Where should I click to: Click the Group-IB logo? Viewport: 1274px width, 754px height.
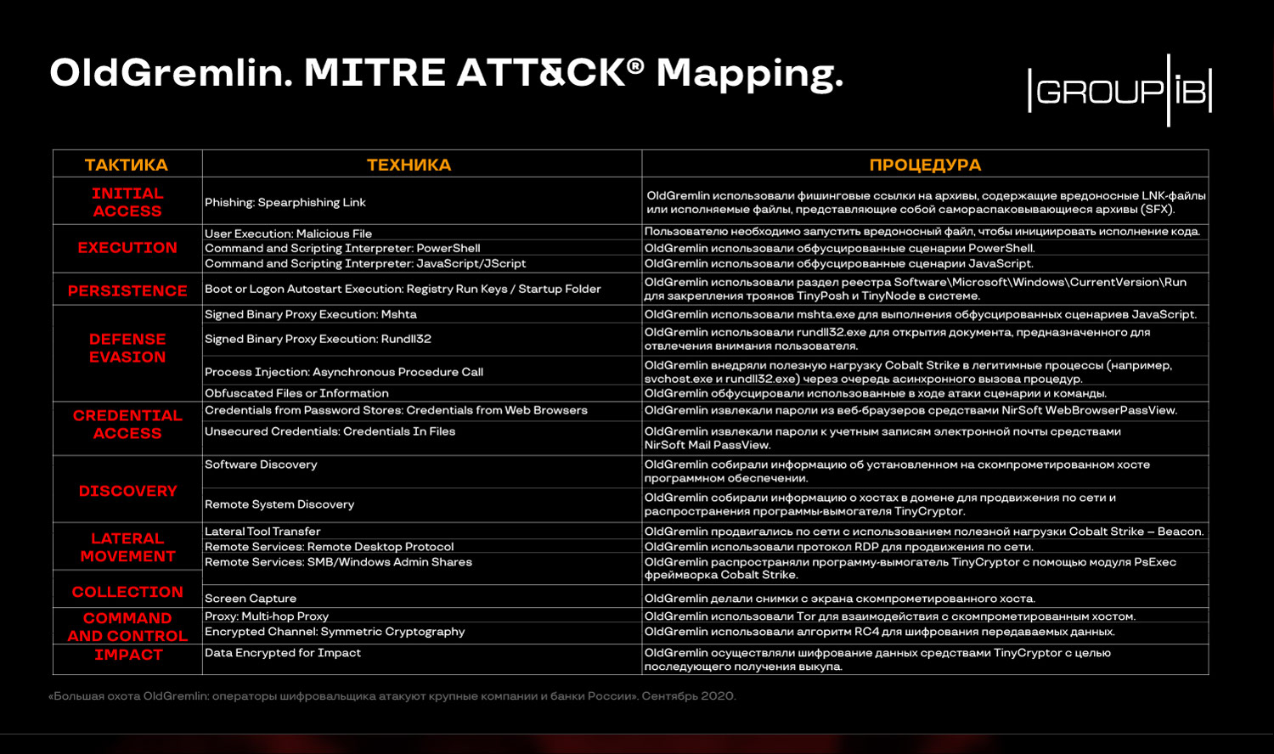[x=1119, y=90]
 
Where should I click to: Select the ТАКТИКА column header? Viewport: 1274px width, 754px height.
[x=127, y=165]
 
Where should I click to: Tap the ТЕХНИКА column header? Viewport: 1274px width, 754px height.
[x=409, y=165]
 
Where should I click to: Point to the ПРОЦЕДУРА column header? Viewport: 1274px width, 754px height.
[x=925, y=165]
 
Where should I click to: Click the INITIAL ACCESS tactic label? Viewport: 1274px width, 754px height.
[x=127, y=202]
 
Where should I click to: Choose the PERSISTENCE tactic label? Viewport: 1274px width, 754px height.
[x=127, y=290]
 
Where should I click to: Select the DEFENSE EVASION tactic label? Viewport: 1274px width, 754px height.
[x=127, y=348]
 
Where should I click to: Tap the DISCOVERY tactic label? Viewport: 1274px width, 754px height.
[x=127, y=491]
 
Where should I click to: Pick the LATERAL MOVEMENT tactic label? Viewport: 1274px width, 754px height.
[x=127, y=548]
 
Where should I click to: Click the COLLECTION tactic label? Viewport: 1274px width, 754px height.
[x=127, y=592]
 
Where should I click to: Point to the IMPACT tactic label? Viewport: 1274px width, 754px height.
[x=128, y=655]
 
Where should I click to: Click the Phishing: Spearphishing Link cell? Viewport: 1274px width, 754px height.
[x=285, y=202]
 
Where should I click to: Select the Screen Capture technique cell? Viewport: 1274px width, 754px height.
[x=251, y=599]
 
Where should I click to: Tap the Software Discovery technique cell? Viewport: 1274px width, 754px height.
[x=261, y=464]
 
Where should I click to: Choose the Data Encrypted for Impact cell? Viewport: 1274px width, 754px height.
[x=283, y=653]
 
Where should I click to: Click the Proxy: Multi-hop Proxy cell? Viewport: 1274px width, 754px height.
[x=267, y=616]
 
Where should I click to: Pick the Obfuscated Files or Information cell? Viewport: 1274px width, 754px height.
[x=296, y=393]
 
